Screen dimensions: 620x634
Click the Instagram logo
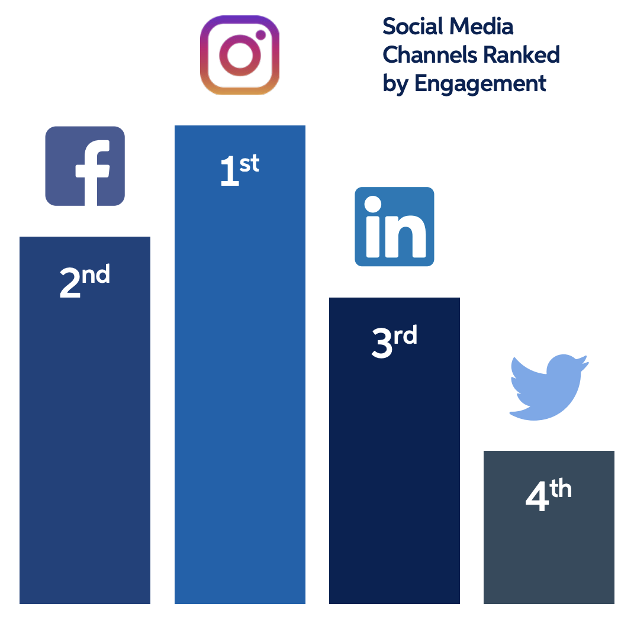click(x=240, y=55)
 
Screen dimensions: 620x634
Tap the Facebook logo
click(x=85, y=166)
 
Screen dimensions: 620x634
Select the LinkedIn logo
click(x=394, y=227)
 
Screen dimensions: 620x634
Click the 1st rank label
click(x=239, y=171)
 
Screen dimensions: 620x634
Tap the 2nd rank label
click(x=85, y=282)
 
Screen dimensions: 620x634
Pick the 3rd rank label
click(x=394, y=343)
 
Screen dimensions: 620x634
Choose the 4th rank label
click(x=548, y=496)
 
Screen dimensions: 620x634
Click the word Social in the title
click(x=413, y=27)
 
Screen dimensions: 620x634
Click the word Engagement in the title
click(x=480, y=83)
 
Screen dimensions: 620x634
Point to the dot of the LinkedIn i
click(x=373, y=205)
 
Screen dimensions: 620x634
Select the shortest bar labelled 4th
click(x=549, y=527)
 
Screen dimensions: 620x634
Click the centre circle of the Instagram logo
click(x=239, y=56)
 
